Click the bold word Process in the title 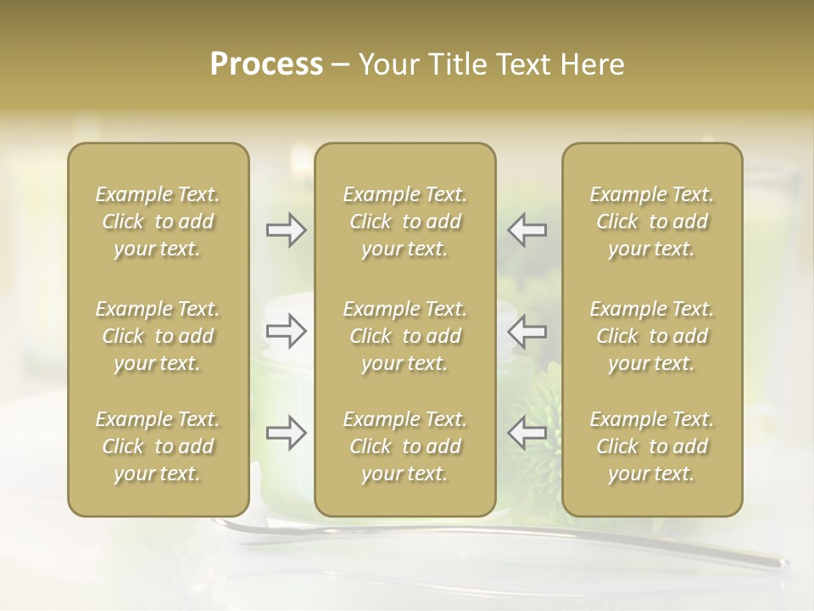click(x=266, y=64)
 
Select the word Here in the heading click(x=592, y=64)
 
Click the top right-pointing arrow click(x=287, y=230)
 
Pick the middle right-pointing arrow click(x=287, y=332)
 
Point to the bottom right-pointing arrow click(x=287, y=433)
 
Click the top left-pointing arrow click(x=527, y=230)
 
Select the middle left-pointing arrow click(x=527, y=332)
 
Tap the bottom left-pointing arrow click(x=527, y=433)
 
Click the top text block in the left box click(x=158, y=221)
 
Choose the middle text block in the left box click(x=158, y=336)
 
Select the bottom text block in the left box click(x=158, y=446)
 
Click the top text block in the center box click(x=405, y=221)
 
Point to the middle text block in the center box click(x=405, y=336)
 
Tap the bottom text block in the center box click(x=405, y=446)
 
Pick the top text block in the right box click(x=652, y=221)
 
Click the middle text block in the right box click(x=652, y=336)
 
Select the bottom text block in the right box click(x=652, y=446)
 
